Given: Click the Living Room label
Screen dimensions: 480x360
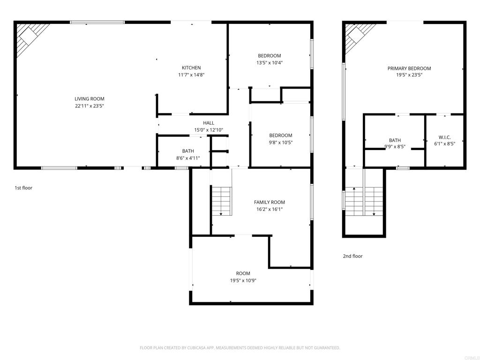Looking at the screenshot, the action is tap(90, 99).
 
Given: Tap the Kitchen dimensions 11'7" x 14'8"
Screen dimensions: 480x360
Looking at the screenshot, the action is tap(191, 75).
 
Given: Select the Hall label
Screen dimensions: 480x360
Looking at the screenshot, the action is tap(209, 123).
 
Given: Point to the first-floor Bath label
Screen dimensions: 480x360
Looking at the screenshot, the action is tap(188, 151).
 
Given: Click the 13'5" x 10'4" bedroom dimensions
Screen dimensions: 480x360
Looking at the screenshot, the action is tap(270, 63).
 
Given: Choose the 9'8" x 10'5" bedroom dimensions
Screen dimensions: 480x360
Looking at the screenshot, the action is tap(281, 142).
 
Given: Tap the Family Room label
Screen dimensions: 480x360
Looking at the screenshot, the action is tap(270, 202).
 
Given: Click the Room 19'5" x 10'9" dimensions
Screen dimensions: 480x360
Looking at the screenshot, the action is tap(243, 280).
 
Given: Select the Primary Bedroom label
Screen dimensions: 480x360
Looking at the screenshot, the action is tap(409, 68).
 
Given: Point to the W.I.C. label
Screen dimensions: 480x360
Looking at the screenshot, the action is tap(444, 137).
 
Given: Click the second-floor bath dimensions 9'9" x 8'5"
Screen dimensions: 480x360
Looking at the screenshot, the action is tap(395, 147).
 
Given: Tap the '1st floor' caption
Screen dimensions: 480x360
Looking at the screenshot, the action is tap(23, 188).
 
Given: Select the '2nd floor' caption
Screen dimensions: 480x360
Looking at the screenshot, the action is tap(352, 256).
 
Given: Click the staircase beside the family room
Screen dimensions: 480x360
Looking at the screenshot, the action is tap(222, 201).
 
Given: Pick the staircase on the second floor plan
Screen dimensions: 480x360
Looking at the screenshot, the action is tap(364, 201).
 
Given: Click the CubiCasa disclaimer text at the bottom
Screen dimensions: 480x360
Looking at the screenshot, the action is tap(240, 348).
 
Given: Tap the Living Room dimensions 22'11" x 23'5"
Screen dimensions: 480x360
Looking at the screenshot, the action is tap(90, 106).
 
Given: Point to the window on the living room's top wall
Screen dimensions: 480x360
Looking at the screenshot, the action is tap(97, 22).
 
